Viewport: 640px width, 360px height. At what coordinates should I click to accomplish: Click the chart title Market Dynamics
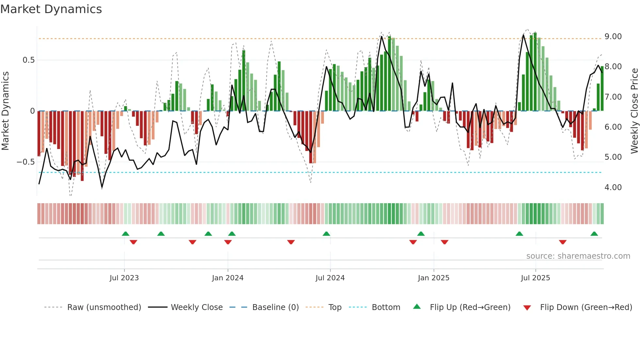[51, 9]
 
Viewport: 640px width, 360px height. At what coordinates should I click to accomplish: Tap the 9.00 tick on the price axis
[613, 37]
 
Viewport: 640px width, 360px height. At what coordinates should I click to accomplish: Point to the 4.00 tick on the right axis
[613, 188]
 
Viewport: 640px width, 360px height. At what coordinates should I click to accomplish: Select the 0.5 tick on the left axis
[28, 60]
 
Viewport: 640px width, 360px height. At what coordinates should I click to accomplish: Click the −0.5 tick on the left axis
[25, 162]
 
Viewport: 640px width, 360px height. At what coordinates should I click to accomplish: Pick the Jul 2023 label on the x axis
[124, 278]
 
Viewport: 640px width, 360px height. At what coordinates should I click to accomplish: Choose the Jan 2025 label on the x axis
[433, 278]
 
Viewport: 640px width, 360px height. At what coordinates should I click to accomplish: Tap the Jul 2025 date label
[535, 278]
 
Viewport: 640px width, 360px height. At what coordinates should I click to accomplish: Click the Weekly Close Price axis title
[634, 111]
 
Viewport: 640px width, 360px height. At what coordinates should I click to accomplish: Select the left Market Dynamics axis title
[5, 111]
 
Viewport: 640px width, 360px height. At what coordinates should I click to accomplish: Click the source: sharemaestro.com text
[578, 256]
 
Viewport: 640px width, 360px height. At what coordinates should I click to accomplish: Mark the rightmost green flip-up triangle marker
[594, 234]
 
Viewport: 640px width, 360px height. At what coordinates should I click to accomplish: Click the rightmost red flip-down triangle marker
[562, 242]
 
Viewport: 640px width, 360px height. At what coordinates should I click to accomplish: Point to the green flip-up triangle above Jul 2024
[326, 234]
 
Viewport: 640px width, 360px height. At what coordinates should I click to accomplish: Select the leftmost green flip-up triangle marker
[125, 234]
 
